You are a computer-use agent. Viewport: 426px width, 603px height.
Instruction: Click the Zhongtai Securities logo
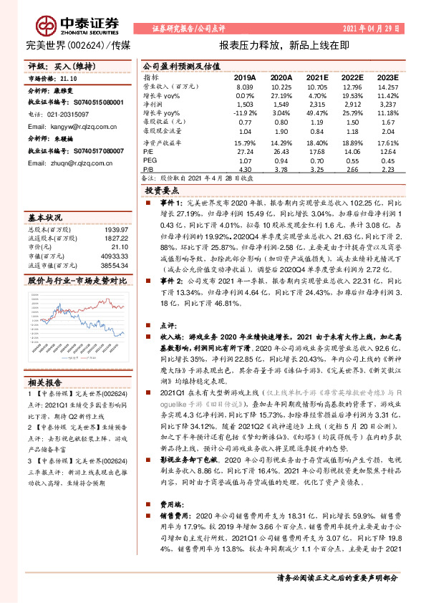point(69,24)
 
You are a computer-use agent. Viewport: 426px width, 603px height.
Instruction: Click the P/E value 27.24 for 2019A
point(245,151)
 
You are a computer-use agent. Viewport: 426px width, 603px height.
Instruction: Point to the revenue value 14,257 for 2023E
point(387,86)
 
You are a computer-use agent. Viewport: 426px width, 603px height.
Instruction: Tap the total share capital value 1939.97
point(115,228)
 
